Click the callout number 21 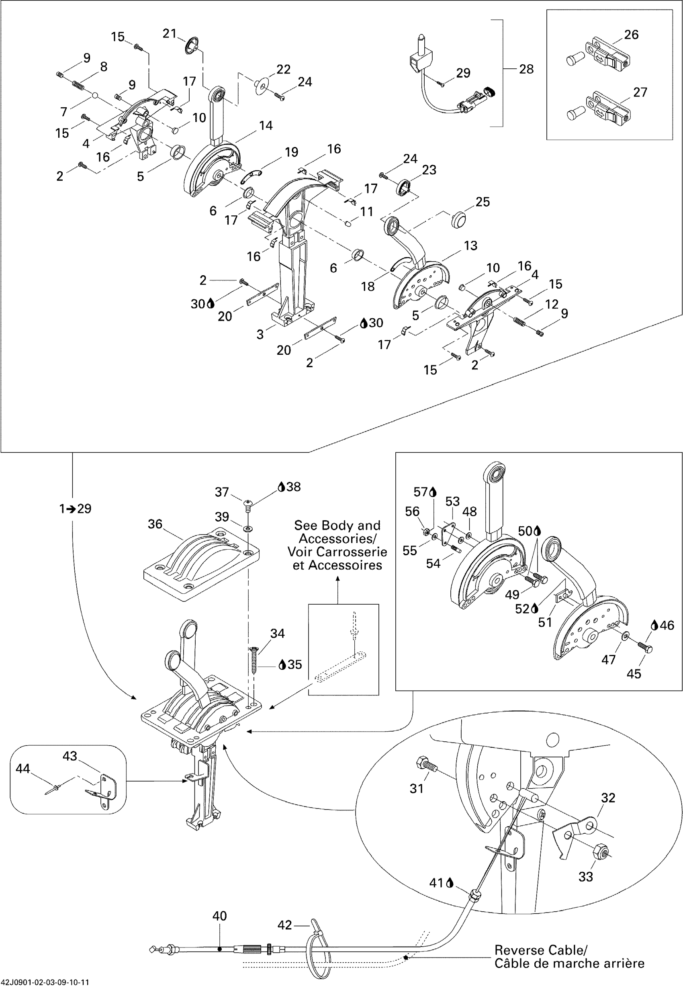click(x=170, y=33)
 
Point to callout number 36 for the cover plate click(x=155, y=524)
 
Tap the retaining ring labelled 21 click(x=192, y=46)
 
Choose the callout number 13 click(x=470, y=245)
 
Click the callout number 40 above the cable click(x=219, y=916)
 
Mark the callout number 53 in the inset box click(x=452, y=501)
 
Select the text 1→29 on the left click(x=75, y=509)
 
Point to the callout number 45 click(x=634, y=674)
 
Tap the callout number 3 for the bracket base click(x=260, y=334)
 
